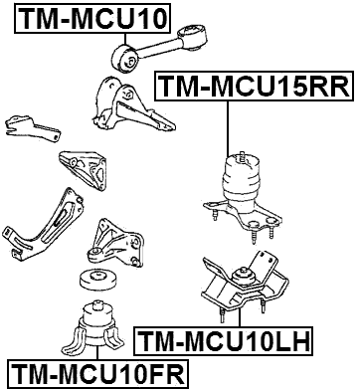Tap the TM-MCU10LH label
pyautogui.click(x=224, y=343)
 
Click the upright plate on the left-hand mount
pyautogui.click(x=263, y=263)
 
